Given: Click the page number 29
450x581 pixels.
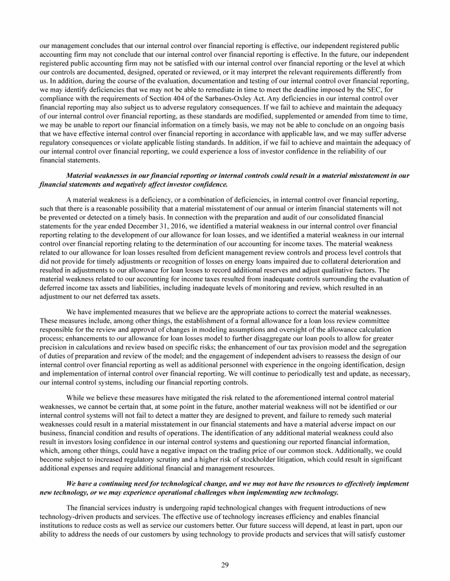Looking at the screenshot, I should point(224,563).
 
